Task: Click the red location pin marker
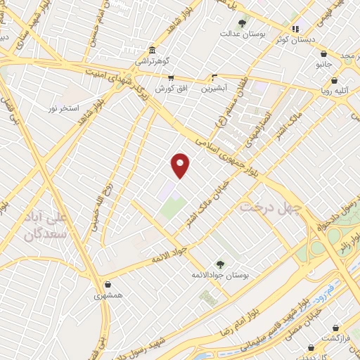(181, 165)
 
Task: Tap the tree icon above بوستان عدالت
(243, 22)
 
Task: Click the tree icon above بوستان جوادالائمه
(221, 264)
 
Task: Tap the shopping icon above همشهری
(108, 285)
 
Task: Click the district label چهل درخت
(271, 207)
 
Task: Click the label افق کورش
(165, 89)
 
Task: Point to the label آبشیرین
(214, 89)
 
